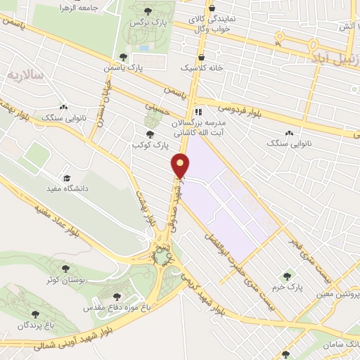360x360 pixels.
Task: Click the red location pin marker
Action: (x=181, y=166)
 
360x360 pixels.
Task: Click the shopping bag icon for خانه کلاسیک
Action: (x=201, y=58)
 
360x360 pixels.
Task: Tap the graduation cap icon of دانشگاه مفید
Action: (x=68, y=178)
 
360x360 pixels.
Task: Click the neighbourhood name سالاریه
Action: (x=25, y=75)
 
